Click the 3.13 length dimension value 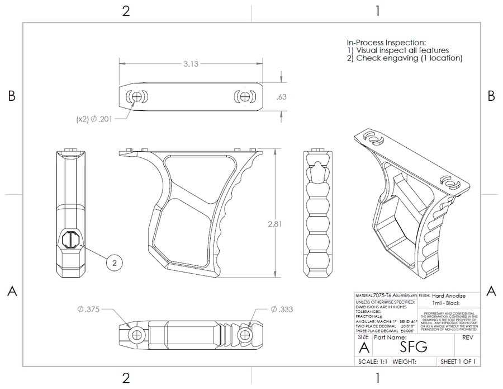(x=191, y=64)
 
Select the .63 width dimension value (x=281, y=97)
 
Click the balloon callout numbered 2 (x=114, y=261)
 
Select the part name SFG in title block (x=414, y=346)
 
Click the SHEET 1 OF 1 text (x=458, y=362)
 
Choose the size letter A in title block (x=363, y=347)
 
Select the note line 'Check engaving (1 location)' (x=404, y=58)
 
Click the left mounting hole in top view (x=134, y=96)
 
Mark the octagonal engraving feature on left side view (x=71, y=241)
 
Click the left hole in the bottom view (x=135, y=335)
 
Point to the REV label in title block (x=468, y=338)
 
